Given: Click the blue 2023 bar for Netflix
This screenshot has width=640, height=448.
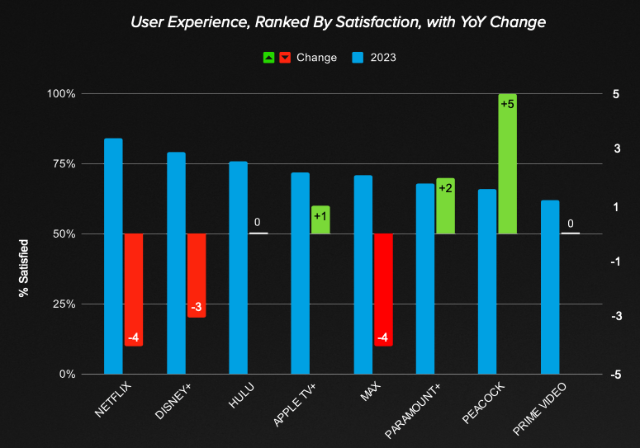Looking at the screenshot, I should pos(113,256).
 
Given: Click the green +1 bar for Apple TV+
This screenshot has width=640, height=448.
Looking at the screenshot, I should pos(320,219).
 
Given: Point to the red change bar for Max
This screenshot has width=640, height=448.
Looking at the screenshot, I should pos(383,289).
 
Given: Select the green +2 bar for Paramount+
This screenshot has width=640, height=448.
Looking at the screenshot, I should pos(445,205).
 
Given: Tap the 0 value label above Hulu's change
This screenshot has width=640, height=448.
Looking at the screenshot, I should pos(258,223).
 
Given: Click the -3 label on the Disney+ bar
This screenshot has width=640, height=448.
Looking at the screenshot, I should pos(197,308).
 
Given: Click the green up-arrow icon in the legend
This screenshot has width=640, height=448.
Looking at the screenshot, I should pos(269,58).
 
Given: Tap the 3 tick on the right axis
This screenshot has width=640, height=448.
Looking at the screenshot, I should pos(616,149).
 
